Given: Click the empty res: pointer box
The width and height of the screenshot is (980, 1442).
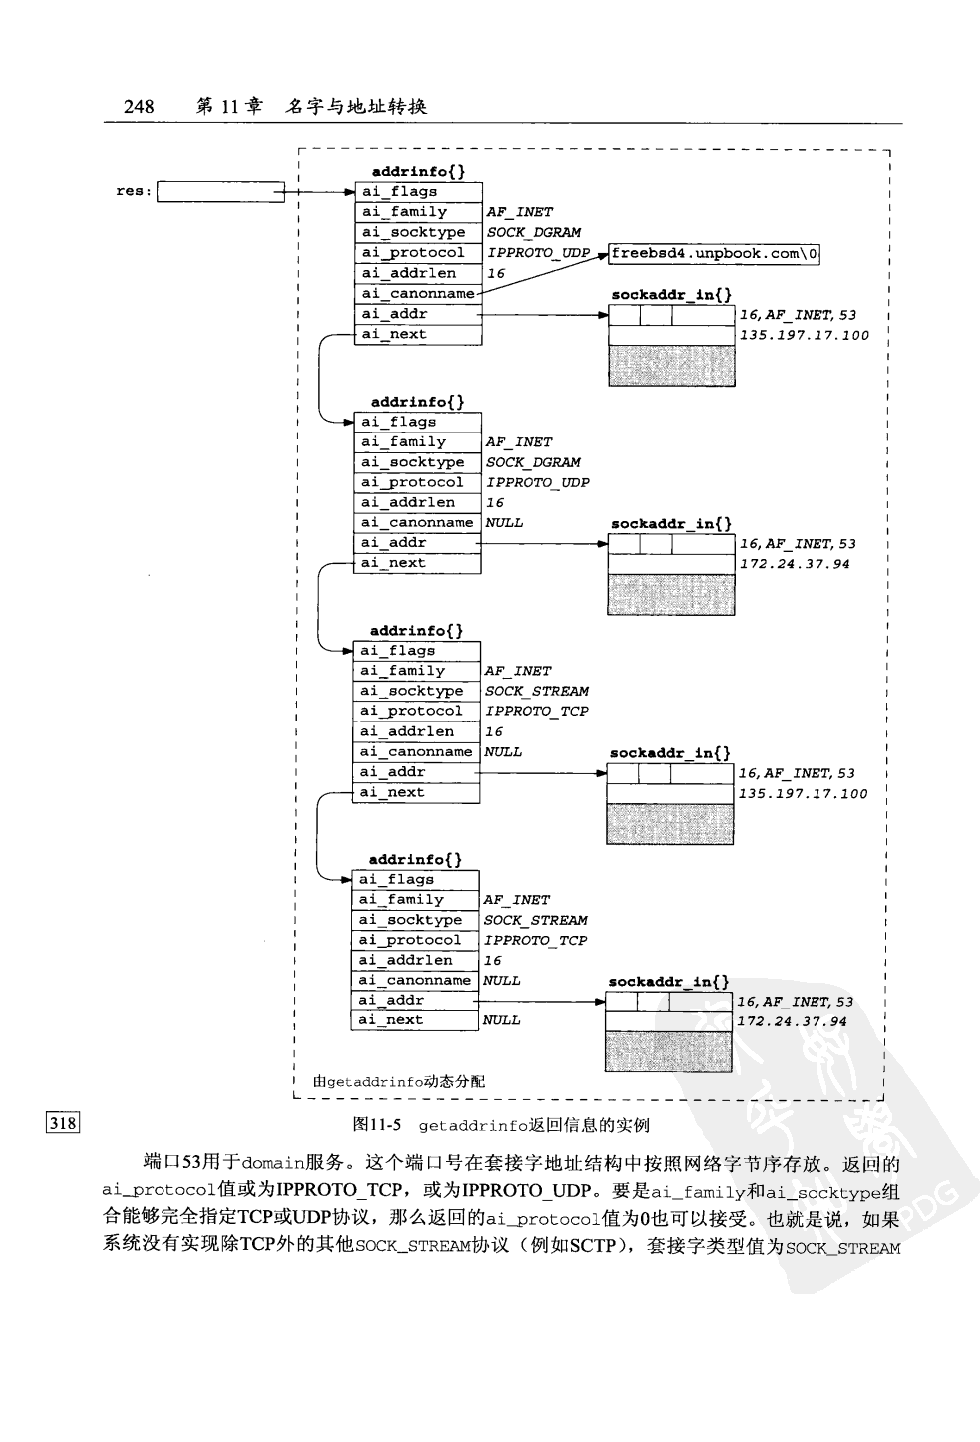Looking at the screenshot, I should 220,191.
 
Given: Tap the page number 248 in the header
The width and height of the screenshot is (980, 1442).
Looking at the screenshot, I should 139,106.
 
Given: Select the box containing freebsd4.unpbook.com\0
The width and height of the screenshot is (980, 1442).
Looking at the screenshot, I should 715,253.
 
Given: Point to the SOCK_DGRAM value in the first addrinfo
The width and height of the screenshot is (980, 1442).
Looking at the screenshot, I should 533,232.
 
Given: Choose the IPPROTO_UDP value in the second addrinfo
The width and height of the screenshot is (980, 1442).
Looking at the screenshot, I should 537,482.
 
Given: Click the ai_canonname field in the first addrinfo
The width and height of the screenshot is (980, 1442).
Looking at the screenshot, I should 418,293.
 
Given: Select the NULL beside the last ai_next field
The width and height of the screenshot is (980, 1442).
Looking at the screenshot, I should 501,1020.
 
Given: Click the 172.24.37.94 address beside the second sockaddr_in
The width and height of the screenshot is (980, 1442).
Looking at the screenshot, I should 795,564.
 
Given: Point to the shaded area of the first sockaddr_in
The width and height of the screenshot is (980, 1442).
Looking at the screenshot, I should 671,366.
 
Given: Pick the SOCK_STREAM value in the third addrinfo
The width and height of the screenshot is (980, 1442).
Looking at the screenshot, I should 536,691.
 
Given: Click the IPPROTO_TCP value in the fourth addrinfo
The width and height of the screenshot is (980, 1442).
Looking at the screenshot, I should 535,940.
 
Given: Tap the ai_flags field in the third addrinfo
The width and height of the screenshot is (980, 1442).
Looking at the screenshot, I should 417,651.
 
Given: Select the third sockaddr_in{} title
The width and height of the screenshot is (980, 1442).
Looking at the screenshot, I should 670,753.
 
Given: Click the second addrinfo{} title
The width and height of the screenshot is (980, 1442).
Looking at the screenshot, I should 417,402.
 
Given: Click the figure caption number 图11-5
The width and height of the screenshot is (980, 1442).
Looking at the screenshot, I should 377,1125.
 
